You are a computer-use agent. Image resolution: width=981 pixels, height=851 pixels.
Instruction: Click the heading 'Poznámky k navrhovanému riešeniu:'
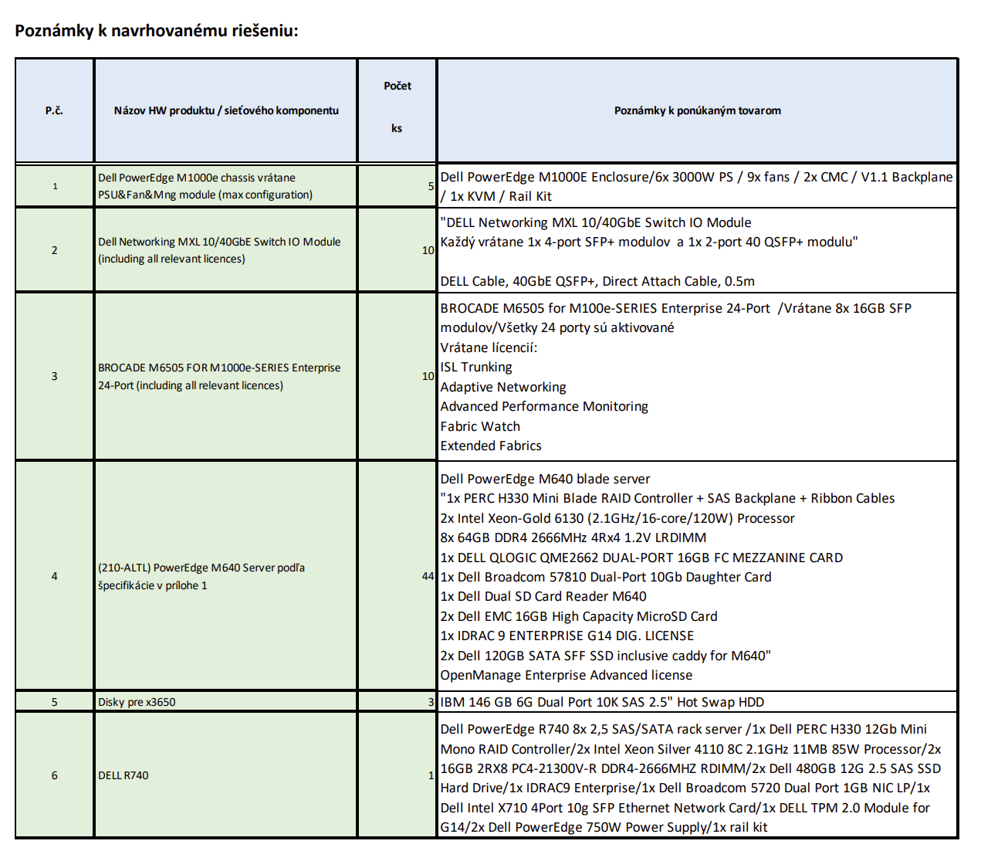(x=156, y=31)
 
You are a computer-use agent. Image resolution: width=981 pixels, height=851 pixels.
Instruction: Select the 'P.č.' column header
(x=54, y=110)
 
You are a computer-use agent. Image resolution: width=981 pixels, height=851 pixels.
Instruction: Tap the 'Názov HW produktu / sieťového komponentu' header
(x=226, y=110)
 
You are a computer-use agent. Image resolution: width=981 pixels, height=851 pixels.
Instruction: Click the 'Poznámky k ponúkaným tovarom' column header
(x=697, y=110)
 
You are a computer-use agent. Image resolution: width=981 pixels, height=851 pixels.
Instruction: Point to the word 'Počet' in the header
(x=397, y=86)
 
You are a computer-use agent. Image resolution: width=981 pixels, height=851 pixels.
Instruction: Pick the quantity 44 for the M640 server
(x=428, y=576)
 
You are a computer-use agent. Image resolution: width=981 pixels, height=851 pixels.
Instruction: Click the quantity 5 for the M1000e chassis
(x=431, y=186)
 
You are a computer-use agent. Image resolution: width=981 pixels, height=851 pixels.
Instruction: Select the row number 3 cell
(x=54, y=376)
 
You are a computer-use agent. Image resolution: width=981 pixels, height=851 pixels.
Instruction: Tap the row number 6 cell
(x=54, y=775)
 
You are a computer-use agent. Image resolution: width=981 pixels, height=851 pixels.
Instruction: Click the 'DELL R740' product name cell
(x=123, y=775)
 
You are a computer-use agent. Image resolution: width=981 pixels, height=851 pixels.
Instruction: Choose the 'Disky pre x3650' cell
(x=137, y=702)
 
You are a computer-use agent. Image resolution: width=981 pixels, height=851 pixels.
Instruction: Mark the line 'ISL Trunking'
(x=476, y=367)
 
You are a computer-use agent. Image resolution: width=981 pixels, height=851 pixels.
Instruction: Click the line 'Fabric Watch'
(x=480, y=426)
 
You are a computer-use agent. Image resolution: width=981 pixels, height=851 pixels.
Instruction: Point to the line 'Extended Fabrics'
(x=491, y=446)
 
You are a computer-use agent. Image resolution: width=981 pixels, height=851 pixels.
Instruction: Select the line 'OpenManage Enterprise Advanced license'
(x=567, y=675)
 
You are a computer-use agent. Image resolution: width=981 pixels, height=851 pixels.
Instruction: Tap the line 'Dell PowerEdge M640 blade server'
(x=545, y=479)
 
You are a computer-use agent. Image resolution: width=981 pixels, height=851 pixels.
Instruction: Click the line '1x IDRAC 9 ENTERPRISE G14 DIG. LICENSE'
(x=567, y=636)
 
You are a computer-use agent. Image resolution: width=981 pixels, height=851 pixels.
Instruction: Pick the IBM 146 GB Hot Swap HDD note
(x=602, y=702)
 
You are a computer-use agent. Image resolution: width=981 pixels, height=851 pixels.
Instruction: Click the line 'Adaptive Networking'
(x=503, y=387)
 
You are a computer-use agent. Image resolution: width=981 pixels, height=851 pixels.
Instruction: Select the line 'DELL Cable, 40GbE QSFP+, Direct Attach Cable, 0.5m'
(x=597, y=281)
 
